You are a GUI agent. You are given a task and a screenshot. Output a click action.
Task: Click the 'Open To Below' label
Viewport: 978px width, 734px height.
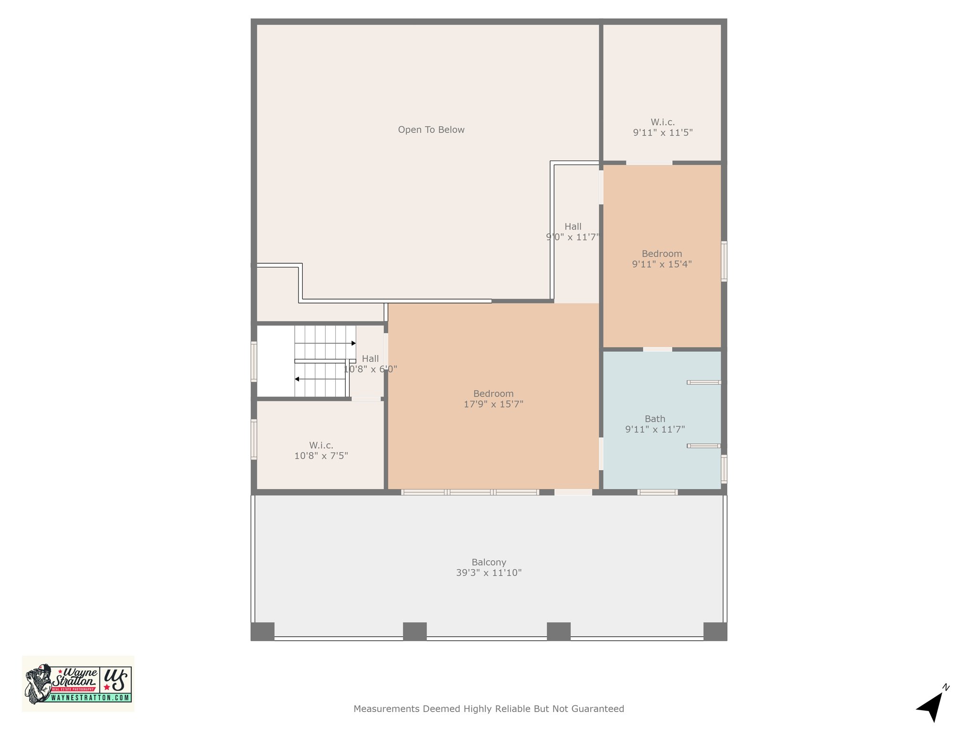[431, 130]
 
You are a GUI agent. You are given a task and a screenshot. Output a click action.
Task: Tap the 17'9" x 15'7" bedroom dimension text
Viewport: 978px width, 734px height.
[493, 404]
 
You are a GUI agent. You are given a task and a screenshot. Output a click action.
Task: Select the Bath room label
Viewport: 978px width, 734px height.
[655, 419]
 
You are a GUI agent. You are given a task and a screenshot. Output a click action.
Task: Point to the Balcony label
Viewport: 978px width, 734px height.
[489, 562]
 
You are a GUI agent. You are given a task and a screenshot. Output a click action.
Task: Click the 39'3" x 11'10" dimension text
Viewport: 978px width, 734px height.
[489, 573]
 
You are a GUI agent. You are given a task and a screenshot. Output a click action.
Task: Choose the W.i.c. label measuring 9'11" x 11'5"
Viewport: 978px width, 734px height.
[662, 122]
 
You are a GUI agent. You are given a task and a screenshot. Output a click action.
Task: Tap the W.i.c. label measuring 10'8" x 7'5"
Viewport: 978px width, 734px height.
[321, 445]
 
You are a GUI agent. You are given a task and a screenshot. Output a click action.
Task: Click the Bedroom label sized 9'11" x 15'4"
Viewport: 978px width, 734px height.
[662, 254]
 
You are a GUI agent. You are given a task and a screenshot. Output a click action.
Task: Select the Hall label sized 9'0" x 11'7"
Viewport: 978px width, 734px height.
[573, 227]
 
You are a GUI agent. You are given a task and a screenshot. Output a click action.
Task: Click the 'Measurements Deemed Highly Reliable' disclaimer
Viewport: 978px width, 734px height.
[489, 709]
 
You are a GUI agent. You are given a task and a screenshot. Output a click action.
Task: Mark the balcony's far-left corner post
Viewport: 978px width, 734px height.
[263, 631]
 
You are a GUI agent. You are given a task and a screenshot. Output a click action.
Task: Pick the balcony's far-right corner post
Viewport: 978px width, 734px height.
[715, 631]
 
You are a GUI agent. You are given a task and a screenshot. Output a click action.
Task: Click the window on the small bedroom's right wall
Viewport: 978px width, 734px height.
[724, 261]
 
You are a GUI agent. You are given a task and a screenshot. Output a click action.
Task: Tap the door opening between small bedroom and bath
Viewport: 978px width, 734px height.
[658, 349]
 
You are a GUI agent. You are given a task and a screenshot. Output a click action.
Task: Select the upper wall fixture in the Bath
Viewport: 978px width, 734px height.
[704, 382]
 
